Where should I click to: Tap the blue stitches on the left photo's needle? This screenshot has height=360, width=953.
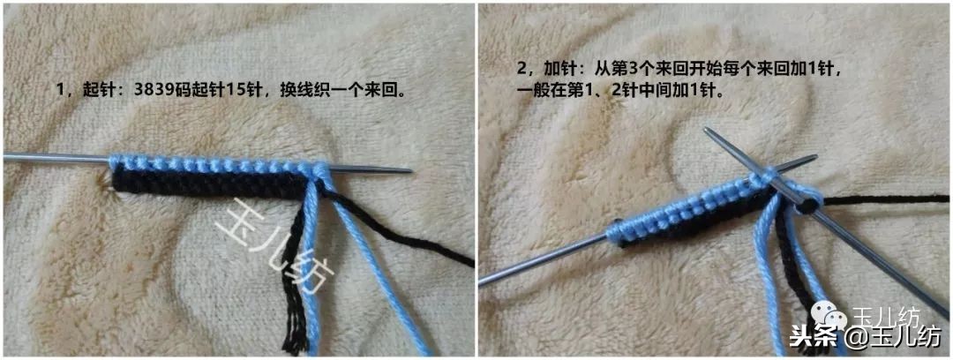(x=212, y=165)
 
